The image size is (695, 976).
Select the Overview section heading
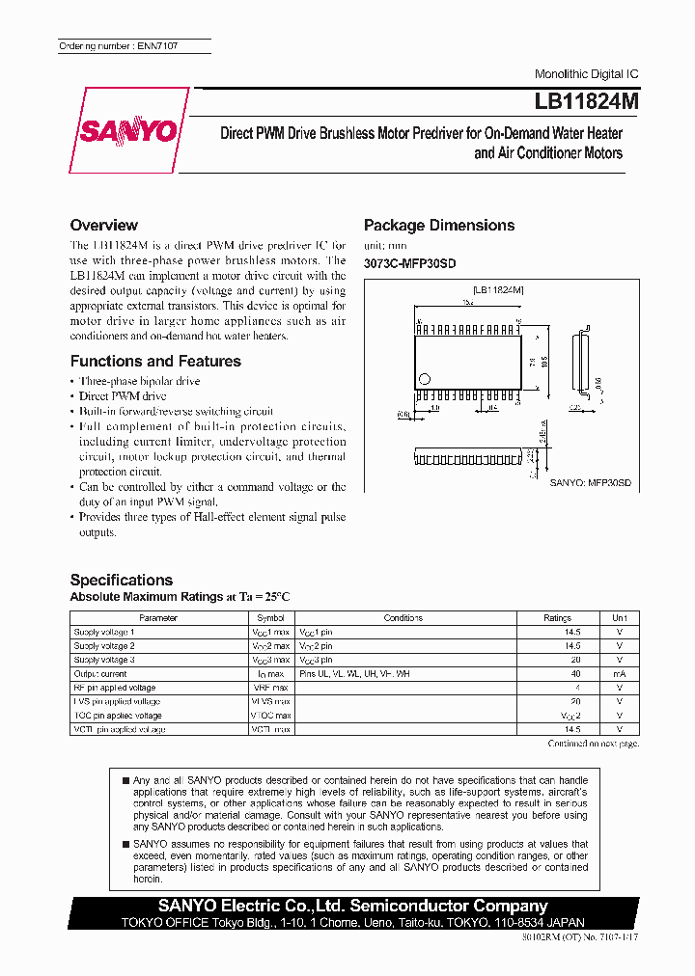pos(104,225)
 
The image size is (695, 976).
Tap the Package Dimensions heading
pos(439,225)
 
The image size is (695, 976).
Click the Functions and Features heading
pos(155,361)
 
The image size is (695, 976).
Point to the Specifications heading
pos(122,580)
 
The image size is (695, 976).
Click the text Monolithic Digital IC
pos(586,74)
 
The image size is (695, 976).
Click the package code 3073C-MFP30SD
pos(409,263)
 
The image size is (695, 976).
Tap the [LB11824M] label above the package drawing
pos(498,289)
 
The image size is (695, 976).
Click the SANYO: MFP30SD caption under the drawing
pos(590,481)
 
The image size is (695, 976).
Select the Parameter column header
pos(158,617)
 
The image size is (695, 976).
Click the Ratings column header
pos(557,617)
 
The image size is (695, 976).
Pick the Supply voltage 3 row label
pos(104,660)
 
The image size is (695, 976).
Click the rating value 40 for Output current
pos(575,674)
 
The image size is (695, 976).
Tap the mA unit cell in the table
pos(619,674)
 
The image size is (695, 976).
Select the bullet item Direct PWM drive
pos(123,396)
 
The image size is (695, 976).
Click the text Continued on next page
pos(593,744)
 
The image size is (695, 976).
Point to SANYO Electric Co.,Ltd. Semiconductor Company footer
pos(353,906)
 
